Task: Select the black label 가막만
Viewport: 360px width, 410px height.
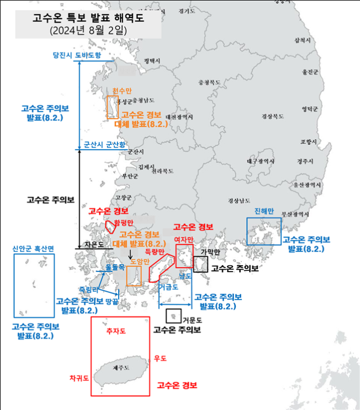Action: coord(210,252)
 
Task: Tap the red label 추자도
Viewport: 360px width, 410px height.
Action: coord(116,333)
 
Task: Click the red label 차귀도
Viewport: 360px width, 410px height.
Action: coord(79,378)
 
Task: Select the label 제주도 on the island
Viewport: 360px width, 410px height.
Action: coord(121,368)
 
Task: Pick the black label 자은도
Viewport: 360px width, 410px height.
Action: coord(93,244)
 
